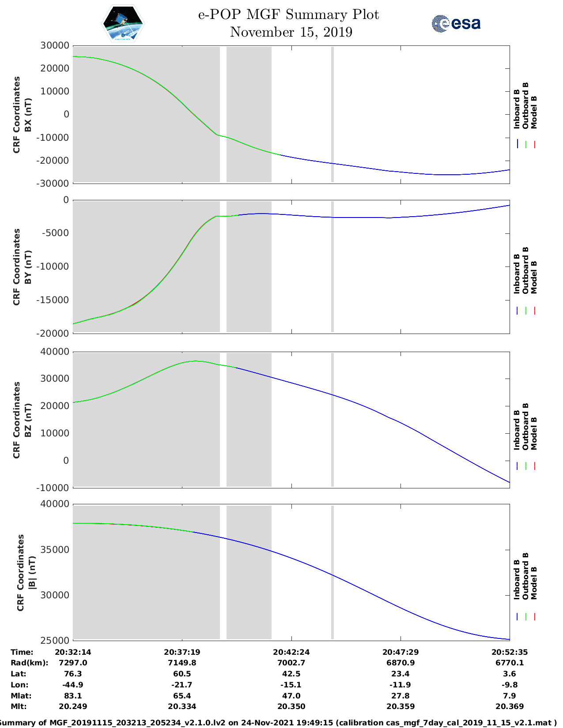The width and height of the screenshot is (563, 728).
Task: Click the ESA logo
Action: coord(456,23)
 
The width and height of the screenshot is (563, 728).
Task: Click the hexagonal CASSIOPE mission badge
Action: coord(123,23)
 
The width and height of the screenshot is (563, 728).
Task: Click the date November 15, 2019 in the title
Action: coord(291,32)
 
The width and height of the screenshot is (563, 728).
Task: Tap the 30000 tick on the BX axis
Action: coord(54,45)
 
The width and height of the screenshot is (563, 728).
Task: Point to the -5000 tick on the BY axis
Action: coord(57,233)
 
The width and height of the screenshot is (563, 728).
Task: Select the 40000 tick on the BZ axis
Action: coord(54,352)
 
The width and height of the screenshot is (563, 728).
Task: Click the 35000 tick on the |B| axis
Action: coord(54,550)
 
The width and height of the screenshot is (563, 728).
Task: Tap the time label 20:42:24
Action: coord(291,652)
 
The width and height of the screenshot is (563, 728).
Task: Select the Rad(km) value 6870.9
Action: coord(401,663)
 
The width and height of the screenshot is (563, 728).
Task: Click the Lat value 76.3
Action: coord(73,674)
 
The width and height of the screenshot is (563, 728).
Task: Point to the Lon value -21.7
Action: coord(182,685)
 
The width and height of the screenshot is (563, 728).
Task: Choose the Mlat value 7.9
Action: coord(510,696)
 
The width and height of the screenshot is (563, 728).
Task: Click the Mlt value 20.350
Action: coord(291,706)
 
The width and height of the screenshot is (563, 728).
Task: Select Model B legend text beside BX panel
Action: coord(534,112)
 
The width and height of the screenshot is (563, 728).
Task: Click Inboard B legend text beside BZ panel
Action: coord(517,430)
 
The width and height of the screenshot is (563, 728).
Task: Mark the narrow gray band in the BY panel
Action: coord(333,266)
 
